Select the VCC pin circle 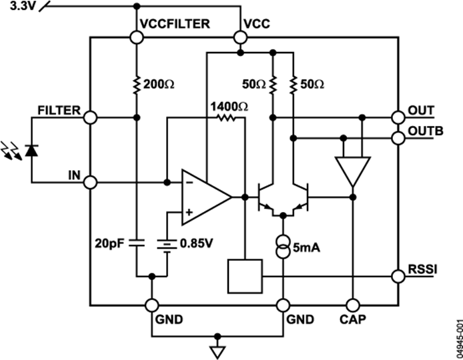point(240,38)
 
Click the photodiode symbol point(31,151)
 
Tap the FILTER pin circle point(90,118)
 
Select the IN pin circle point(90,181)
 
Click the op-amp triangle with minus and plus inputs point(203,197)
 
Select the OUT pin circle point(399,118)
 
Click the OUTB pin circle point(399,138)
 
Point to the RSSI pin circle point(399,275)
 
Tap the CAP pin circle point(352,305)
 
